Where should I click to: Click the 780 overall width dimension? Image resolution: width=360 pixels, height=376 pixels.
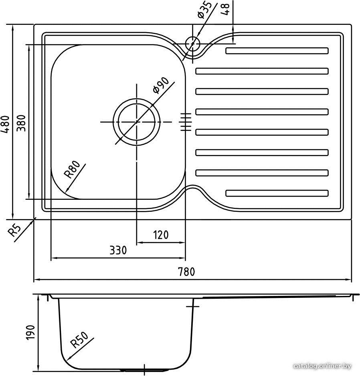186,271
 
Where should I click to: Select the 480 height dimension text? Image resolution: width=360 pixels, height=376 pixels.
5,124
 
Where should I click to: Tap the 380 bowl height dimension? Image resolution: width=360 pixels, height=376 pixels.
21,123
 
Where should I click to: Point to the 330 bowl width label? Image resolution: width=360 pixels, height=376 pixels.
118,250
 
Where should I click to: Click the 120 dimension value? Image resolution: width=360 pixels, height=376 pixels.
161,235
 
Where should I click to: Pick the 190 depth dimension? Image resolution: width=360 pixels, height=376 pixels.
31,332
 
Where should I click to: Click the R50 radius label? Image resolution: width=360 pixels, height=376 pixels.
79,340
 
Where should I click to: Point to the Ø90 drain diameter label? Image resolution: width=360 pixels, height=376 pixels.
161,85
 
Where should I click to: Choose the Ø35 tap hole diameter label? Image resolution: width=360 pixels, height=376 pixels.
204,10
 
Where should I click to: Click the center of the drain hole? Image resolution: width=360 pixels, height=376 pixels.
137,122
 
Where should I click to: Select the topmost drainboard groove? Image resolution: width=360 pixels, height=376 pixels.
277,51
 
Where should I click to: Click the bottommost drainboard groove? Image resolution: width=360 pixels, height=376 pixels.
277,193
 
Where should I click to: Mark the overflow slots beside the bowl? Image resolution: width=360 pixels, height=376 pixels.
186,122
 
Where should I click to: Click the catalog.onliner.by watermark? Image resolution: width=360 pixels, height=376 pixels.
322,366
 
